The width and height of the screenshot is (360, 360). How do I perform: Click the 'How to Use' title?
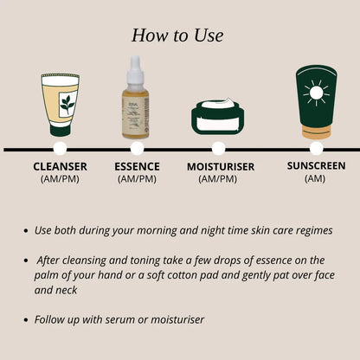pos(177,35)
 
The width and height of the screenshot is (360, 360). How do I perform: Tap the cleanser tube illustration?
pos(60,105)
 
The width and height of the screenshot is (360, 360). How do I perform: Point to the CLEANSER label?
pos(61,166)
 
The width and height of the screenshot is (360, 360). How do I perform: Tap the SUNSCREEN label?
pos(317,165)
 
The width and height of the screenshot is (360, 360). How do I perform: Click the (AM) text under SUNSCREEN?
pos(317,178)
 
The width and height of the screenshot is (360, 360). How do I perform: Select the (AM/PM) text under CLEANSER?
pos(61,179)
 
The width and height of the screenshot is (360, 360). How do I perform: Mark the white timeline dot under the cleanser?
pos(61,149)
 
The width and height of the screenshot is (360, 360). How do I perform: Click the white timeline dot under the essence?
pos(135,149)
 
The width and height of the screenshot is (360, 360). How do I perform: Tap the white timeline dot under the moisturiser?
pos(219,149)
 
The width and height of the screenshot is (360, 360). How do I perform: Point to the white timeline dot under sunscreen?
pos(317,149)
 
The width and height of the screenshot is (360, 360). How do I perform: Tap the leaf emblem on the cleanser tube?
pos(66,106)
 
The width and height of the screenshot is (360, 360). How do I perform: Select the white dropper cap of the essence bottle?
pos(134,67)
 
